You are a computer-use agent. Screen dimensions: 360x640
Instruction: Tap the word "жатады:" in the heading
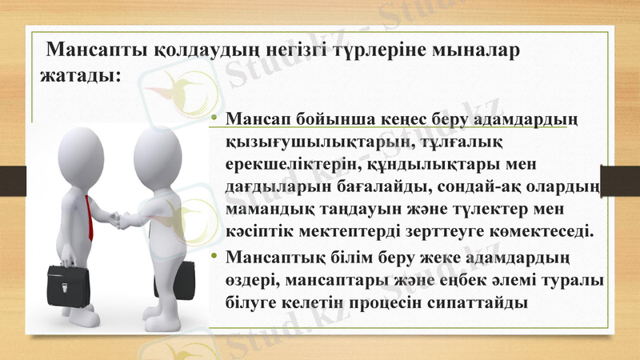(80, 77)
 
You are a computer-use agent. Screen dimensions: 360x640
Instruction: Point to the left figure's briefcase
(55, 284)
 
